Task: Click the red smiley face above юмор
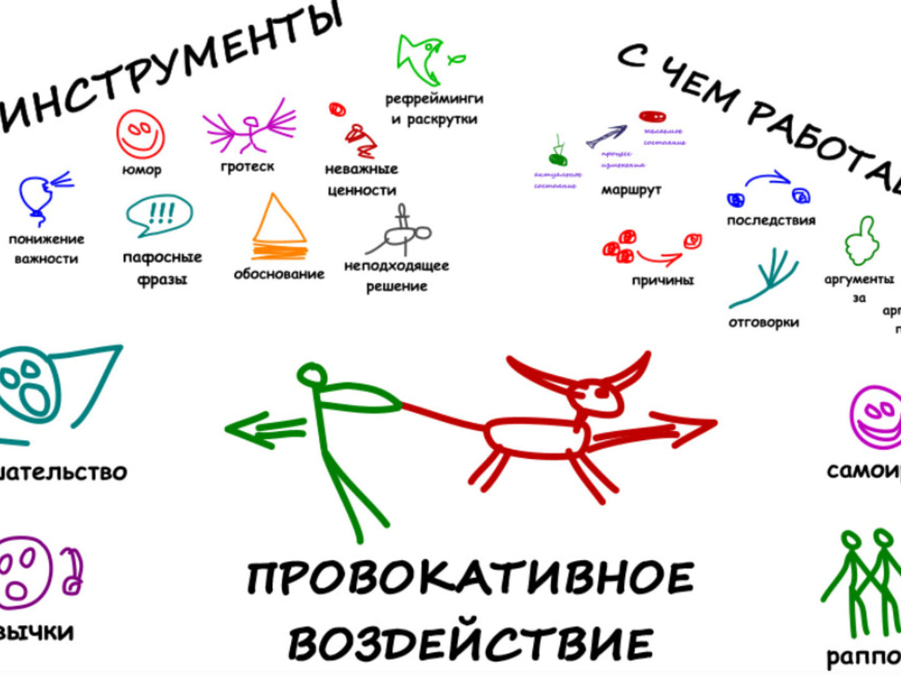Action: click(140, 134)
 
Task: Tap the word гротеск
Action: click(247, 167)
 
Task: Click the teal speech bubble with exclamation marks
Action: click(160, 215)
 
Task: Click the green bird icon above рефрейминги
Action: click(422, 59)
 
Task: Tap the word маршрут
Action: click(631, 189)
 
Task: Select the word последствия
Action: click(771, 220)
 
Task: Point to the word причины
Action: click(663, 280)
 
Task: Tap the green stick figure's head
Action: click(312, 374)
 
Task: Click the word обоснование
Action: click(278, 274)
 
